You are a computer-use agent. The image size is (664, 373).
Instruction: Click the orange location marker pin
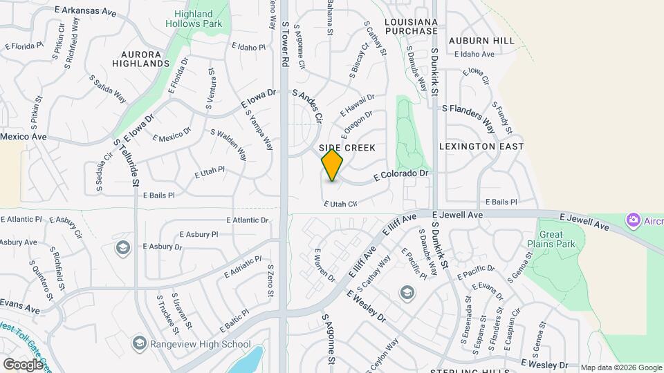(332, 165)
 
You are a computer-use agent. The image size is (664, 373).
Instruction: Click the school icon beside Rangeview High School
(140, 343)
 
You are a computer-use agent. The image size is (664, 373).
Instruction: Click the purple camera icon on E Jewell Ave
(632, 220)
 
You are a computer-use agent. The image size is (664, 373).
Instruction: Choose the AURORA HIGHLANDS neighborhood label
(145, 58)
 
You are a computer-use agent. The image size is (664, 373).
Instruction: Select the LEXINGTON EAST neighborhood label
(481, 146)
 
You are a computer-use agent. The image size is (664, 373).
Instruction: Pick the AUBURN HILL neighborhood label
(481, 41)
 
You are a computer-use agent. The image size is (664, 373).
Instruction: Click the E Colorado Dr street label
(402, 175)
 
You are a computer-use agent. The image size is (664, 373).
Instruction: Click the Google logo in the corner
(23, 364)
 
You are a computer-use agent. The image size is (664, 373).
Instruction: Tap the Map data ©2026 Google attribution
(620, 367)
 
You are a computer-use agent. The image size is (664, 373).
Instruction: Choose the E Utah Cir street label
(340, 204)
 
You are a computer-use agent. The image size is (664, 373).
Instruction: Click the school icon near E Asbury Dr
(123, 247)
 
